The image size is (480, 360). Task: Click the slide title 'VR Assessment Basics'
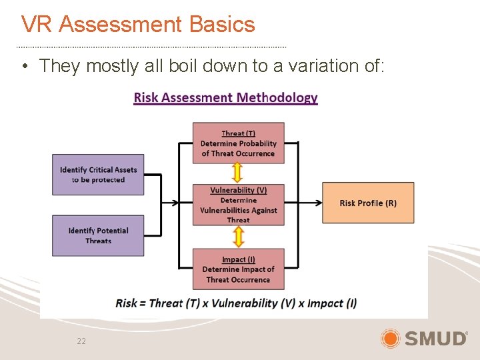(138, 25)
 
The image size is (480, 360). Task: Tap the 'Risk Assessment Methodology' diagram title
(225, 98)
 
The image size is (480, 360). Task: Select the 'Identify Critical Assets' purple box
(98, 175)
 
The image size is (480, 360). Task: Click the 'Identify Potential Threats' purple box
(98, 235)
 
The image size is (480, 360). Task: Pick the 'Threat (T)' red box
(238, 143)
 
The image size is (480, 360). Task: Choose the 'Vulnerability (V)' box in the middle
(238, 205)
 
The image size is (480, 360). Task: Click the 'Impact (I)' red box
(238, 269)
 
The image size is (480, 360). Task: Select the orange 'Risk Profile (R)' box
(368, 203)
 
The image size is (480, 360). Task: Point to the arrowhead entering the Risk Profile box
(318, 203)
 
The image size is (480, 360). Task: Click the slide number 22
(81, 341)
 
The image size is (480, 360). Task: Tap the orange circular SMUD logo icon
(390, 339)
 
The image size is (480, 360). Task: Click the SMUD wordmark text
(436, 339)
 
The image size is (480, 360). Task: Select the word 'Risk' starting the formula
(126, 303)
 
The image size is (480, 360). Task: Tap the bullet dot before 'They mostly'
(24, 67)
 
